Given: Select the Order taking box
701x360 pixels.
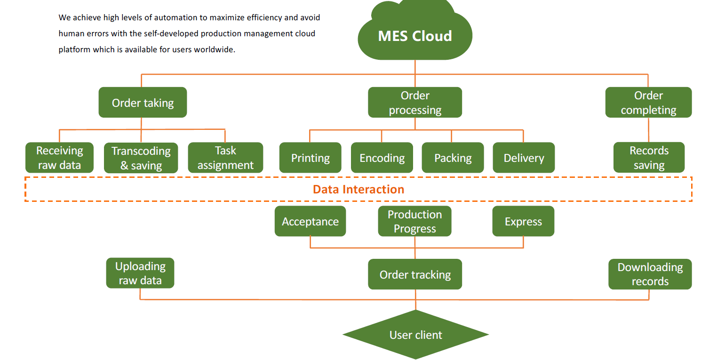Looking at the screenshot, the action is [143, 103].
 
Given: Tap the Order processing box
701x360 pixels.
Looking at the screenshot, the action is [415, 103].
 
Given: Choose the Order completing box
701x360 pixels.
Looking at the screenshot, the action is [648, 103].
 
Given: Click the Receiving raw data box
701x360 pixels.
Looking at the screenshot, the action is [59, 158].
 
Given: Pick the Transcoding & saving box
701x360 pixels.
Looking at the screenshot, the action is [141, 158].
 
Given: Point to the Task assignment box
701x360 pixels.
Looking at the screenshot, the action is [225, 158].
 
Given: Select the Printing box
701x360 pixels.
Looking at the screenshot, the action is [310, 158].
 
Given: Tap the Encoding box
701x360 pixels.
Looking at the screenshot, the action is [382, 158].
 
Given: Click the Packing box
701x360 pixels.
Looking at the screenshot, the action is [453, 158].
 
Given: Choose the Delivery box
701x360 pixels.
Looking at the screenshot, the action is [524, 158].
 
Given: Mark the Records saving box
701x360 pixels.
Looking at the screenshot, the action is [649, 158].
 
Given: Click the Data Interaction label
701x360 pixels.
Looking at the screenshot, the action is [358, 189].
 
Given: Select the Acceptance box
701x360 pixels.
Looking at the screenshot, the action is [310, 221].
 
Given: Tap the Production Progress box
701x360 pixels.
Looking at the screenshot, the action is [414, 221].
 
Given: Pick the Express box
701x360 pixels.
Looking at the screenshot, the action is [523, 221].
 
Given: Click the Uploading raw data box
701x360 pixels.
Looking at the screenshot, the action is [140, 273].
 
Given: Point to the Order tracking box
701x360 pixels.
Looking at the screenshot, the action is [415, 274].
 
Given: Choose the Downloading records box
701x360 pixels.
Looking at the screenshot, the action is [650, 274].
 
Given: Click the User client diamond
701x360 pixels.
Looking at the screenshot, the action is [415, 335].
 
